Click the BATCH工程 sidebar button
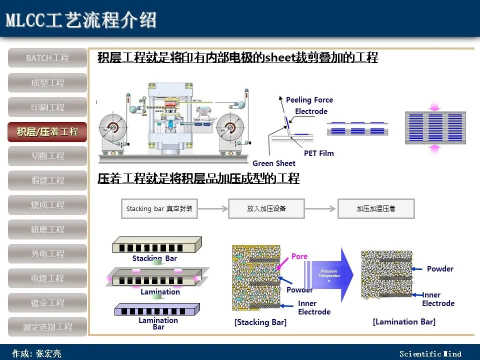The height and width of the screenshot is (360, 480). pos(47,58)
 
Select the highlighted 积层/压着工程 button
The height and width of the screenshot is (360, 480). pos(47,132)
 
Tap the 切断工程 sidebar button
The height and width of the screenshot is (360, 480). pos(47,156)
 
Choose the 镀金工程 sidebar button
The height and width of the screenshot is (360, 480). pos(47,302)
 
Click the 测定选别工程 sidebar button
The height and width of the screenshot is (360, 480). pos(47,327)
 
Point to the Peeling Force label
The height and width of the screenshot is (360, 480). pos(309,100)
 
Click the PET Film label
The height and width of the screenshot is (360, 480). pos(318,153)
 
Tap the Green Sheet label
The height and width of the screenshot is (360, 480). pos(273,163)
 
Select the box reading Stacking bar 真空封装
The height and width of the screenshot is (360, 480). pos(159,208)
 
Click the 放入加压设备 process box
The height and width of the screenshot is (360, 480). pos(266,208)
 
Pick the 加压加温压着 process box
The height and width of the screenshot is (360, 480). pos(375,208)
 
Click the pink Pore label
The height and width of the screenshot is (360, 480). pos(299,256)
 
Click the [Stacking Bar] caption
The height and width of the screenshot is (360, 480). pos(260,322)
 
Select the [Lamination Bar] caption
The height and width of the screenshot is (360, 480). pos(404,322)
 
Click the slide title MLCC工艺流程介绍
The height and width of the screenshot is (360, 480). pos(81,20)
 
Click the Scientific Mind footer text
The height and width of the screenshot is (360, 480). pos(430,354)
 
